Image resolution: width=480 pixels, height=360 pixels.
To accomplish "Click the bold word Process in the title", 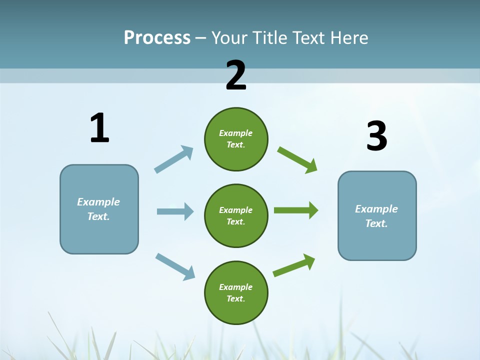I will (x=157, y=38).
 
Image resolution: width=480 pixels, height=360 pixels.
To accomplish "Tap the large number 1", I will (x=99, y=128).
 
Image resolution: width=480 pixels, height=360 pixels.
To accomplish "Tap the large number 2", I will (x=236, y=75).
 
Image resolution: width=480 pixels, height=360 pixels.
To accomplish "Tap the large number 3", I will (x=376, y=136).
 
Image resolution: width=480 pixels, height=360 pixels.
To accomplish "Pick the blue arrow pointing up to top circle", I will (x=173, y=159).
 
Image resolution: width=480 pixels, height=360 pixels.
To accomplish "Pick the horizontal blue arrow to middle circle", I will (x=175, y=211).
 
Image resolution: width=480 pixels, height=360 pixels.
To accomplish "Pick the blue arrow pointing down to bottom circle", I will (x=174, y=266).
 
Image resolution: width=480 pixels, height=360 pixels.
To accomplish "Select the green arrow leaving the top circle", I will (x=297, y=159).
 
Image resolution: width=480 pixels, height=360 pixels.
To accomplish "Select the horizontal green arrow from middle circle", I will (x=295, y=210).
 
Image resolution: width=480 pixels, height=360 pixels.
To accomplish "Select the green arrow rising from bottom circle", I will (x=294, y=265).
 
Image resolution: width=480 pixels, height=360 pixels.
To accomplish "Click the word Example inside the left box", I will (x=98, y=202).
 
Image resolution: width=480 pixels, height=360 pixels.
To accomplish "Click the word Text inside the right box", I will (x=376, y=223).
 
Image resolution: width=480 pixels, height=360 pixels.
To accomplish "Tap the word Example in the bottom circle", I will (x=236, y=287).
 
